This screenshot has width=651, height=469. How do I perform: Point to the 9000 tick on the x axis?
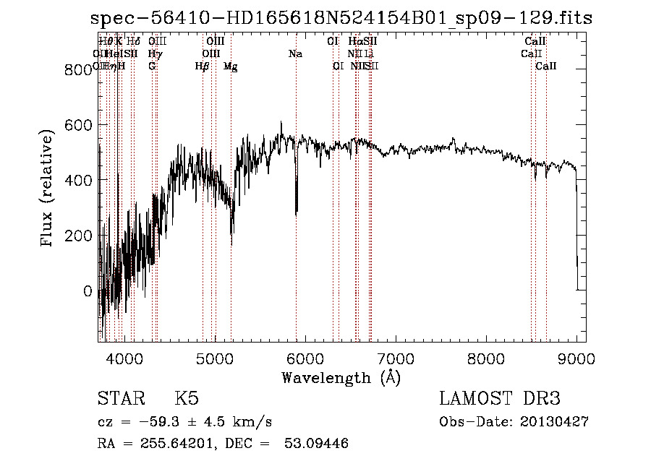pos(576,358)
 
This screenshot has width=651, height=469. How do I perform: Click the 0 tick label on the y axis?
pos(88,291)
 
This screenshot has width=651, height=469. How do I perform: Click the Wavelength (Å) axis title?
pos(341,377)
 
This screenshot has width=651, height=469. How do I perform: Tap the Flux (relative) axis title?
pos(48,189)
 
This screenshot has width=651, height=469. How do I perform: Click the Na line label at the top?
pos(295,53)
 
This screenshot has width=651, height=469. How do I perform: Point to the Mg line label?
pos(230,66)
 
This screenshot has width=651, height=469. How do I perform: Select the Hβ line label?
pos(202,66)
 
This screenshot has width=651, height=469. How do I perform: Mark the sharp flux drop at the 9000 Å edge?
pos(576,238)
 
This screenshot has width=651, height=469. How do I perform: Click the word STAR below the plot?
pos(119,399)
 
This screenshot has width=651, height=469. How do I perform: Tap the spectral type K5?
pos(187,399)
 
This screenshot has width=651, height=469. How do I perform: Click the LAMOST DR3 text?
pos(499,399)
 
